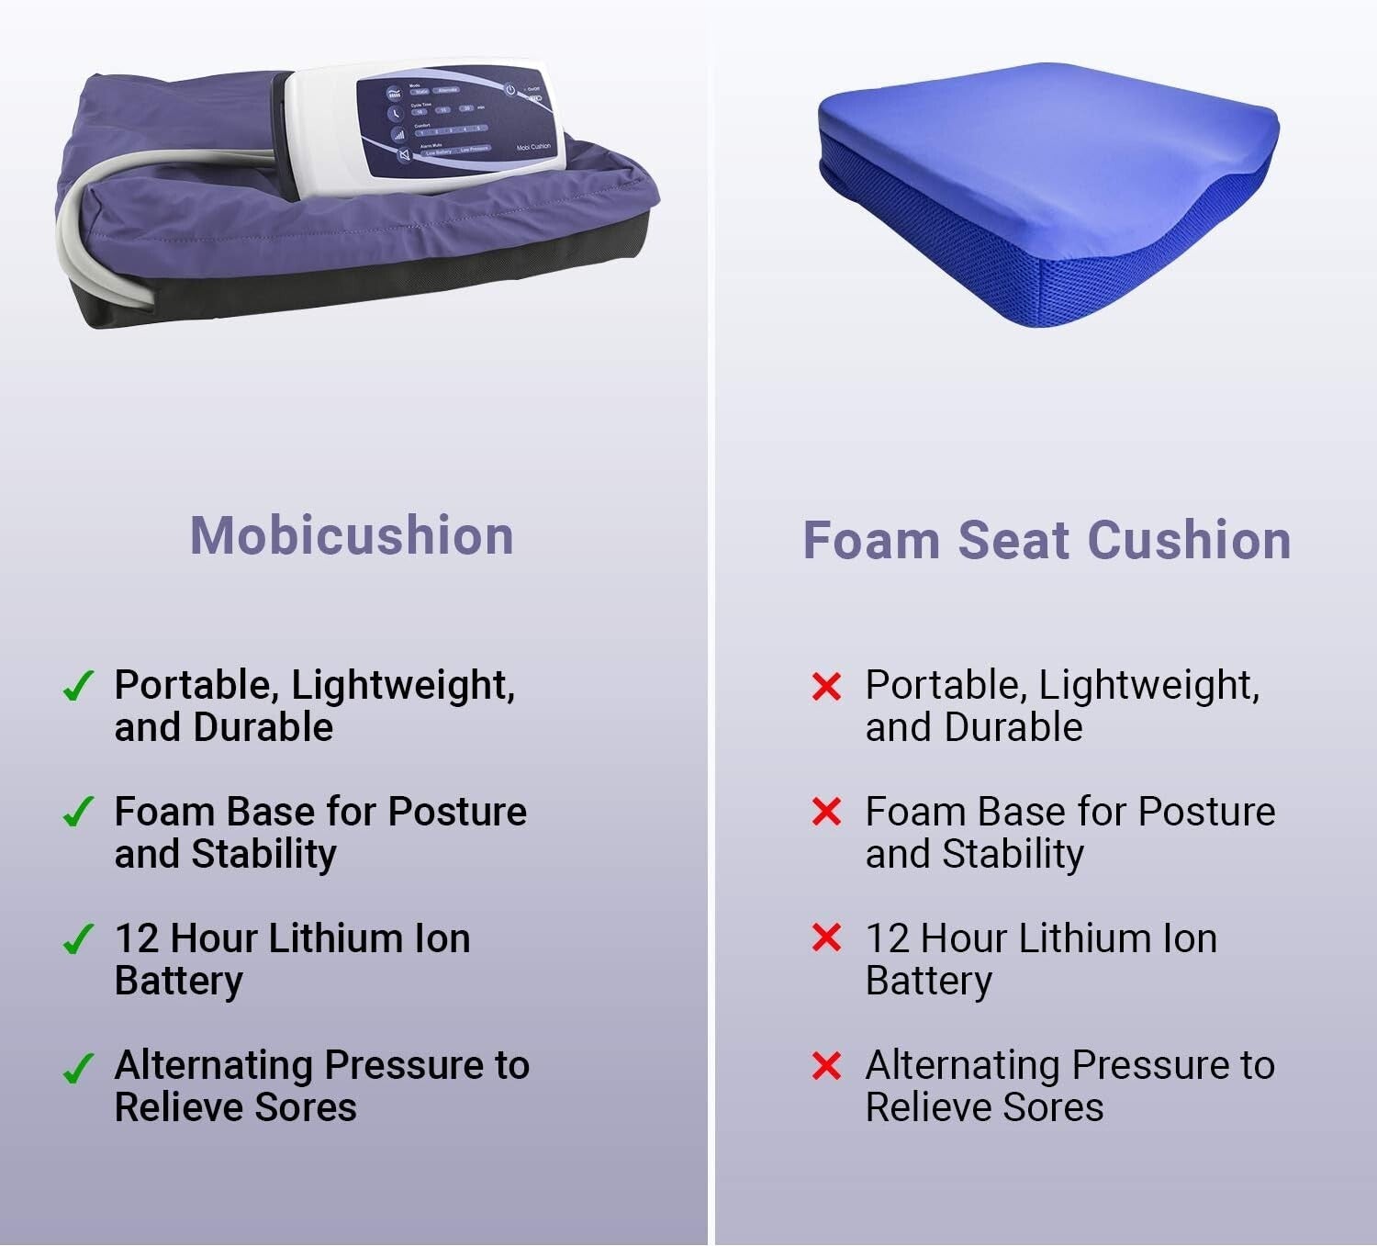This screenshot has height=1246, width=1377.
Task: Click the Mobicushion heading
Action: click(x=352, y=535)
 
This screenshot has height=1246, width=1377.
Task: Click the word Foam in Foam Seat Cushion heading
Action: click(x=871, y=540)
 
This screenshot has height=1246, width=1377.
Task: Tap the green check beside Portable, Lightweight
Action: click(x=77, y=686)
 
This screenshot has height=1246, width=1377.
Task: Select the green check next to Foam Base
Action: click(x=77, y=813)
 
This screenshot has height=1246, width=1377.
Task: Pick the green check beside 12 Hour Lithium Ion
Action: click(x=77, y=939)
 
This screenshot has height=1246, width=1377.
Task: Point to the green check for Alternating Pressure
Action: click(x=77, y=1068)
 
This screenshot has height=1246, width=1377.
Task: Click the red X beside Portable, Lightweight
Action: click(x=826, y=686)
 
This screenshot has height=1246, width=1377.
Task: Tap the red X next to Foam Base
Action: click(x=826, y=812)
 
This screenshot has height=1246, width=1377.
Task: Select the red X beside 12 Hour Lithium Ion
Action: click(x=826, y=938)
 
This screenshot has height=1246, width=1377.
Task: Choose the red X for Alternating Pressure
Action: click(x=826, y=1066)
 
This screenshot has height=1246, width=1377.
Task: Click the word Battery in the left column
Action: click(x=179, y=981)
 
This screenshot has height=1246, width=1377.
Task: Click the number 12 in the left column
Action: click(x=136, y=938)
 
